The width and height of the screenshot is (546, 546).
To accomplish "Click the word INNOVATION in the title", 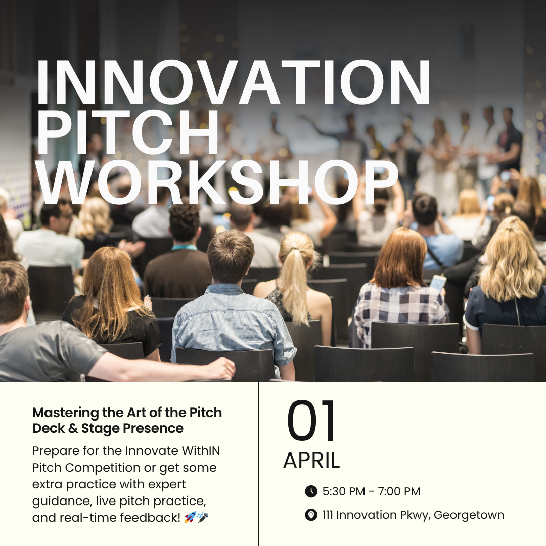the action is tap(233, 82).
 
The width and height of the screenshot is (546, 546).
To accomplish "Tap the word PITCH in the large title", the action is tap(128, 132).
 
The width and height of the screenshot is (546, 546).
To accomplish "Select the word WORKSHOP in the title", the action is tap(217, 183).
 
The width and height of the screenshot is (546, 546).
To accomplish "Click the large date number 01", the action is tap(310, 420).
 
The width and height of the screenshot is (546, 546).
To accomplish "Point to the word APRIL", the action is tap(311, 461).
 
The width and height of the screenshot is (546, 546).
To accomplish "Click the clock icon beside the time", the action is tap(311, 491).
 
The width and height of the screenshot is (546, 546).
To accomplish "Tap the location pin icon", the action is tap(311, 515).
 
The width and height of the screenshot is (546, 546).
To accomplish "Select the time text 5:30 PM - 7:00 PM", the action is tap(371, 491).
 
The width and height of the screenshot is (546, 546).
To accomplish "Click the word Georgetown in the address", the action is tap(469, 515).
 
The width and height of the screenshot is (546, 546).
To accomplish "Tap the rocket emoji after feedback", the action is tap(190, 517).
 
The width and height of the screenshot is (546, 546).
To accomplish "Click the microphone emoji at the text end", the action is tap(203, 517).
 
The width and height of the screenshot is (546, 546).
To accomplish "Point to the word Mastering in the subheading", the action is tap(66, 413).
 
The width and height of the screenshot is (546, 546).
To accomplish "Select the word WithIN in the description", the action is tap(201, 450).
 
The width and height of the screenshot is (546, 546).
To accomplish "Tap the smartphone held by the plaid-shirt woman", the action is tap(438, 283).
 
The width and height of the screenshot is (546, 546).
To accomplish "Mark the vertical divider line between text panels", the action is tap(258, 464).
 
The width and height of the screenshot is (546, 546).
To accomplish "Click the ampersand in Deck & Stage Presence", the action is tap(73, 428).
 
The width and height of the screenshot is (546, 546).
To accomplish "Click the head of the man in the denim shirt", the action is tap(230, 256).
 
